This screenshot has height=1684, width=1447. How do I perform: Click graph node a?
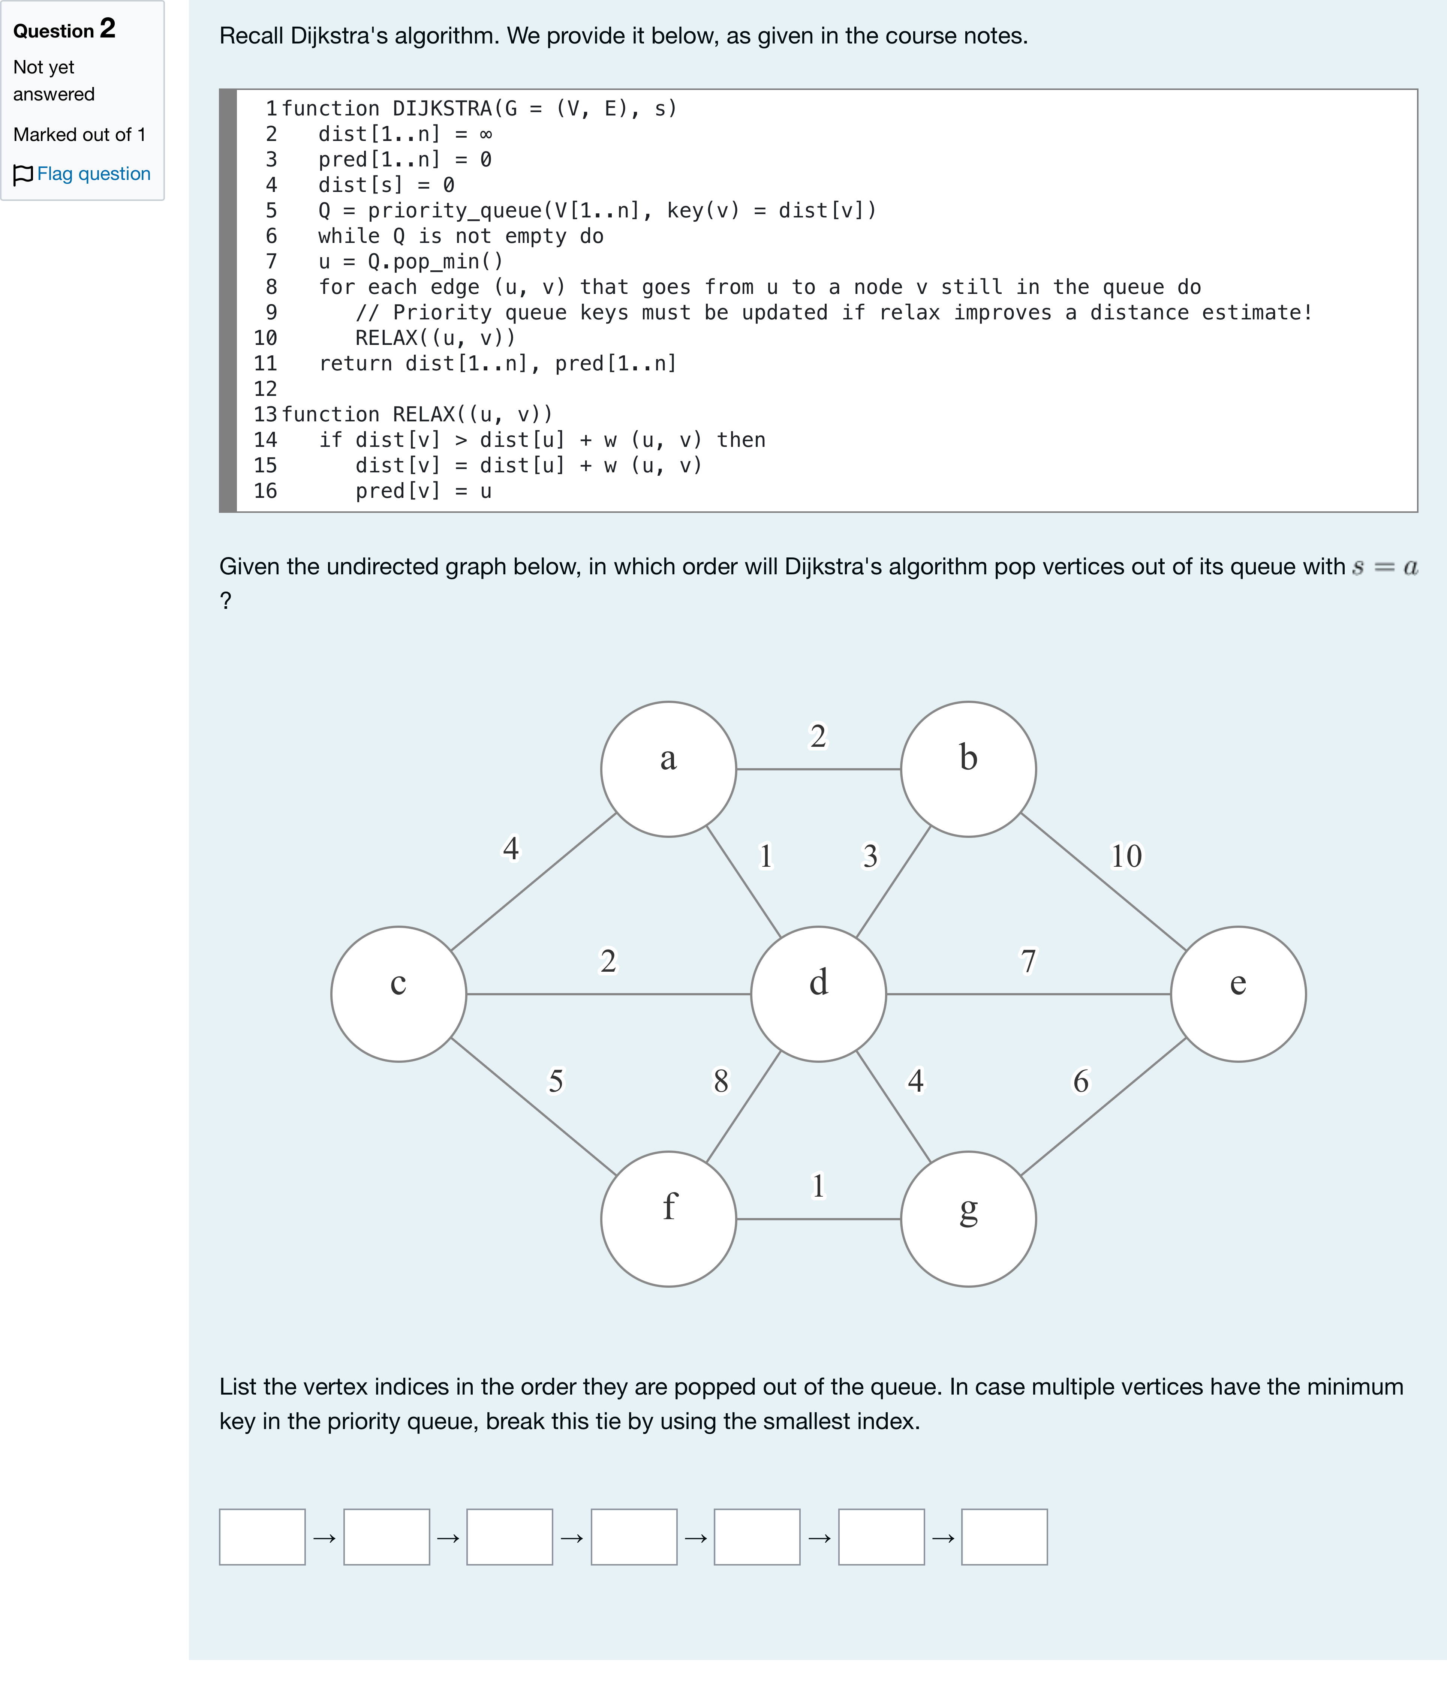coord(668,769)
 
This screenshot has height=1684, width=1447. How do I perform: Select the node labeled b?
coord(968,769)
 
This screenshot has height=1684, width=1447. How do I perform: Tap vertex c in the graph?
coord(398,994)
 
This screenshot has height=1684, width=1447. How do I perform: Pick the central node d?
coord(819,994)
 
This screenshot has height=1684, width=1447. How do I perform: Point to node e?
coord(1238,994)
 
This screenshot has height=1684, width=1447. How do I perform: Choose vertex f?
coord(668,1219)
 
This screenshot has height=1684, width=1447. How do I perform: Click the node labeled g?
coord(968,1219)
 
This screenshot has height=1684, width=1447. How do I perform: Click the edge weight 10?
coord(1126,856)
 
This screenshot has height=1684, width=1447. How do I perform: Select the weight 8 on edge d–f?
coord(721,1081)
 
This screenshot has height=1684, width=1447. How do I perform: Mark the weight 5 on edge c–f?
coord(556,1081)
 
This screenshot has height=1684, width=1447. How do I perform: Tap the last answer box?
coord(1005,1537)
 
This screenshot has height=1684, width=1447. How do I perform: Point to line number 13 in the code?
coord(265,415)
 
